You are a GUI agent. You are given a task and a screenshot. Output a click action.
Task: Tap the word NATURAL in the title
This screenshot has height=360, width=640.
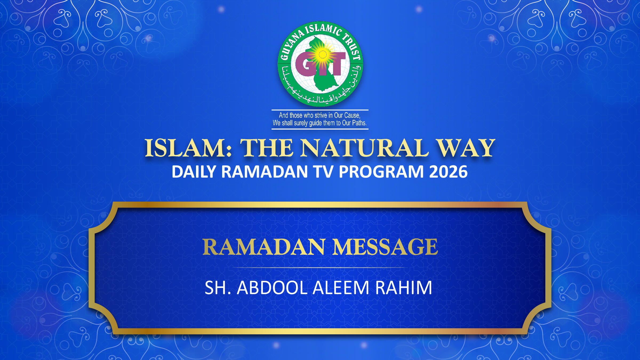[x=365, y=148]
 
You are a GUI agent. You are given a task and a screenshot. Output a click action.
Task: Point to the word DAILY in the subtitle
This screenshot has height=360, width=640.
[x=194, y=172]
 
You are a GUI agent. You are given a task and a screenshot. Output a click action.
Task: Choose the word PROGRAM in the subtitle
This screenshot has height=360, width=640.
[x=381, y=172]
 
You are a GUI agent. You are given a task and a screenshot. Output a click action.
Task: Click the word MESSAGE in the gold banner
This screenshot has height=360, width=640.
[x=385, y=247]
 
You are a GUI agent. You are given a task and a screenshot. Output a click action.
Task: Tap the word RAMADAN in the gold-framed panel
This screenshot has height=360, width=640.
[x=264, y=247]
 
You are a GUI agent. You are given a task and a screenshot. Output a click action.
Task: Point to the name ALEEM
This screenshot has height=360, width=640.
[x=341, y=288]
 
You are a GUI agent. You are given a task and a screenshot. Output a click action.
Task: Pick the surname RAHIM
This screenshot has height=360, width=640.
[x=404, y=288]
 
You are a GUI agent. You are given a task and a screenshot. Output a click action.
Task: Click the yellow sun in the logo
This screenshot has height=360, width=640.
[x=323, y=55]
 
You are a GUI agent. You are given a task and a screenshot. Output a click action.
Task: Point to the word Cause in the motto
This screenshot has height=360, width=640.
[x=352, y=115]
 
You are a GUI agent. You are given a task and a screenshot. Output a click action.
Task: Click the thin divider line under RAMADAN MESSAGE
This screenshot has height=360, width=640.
[x=320, y=267]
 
